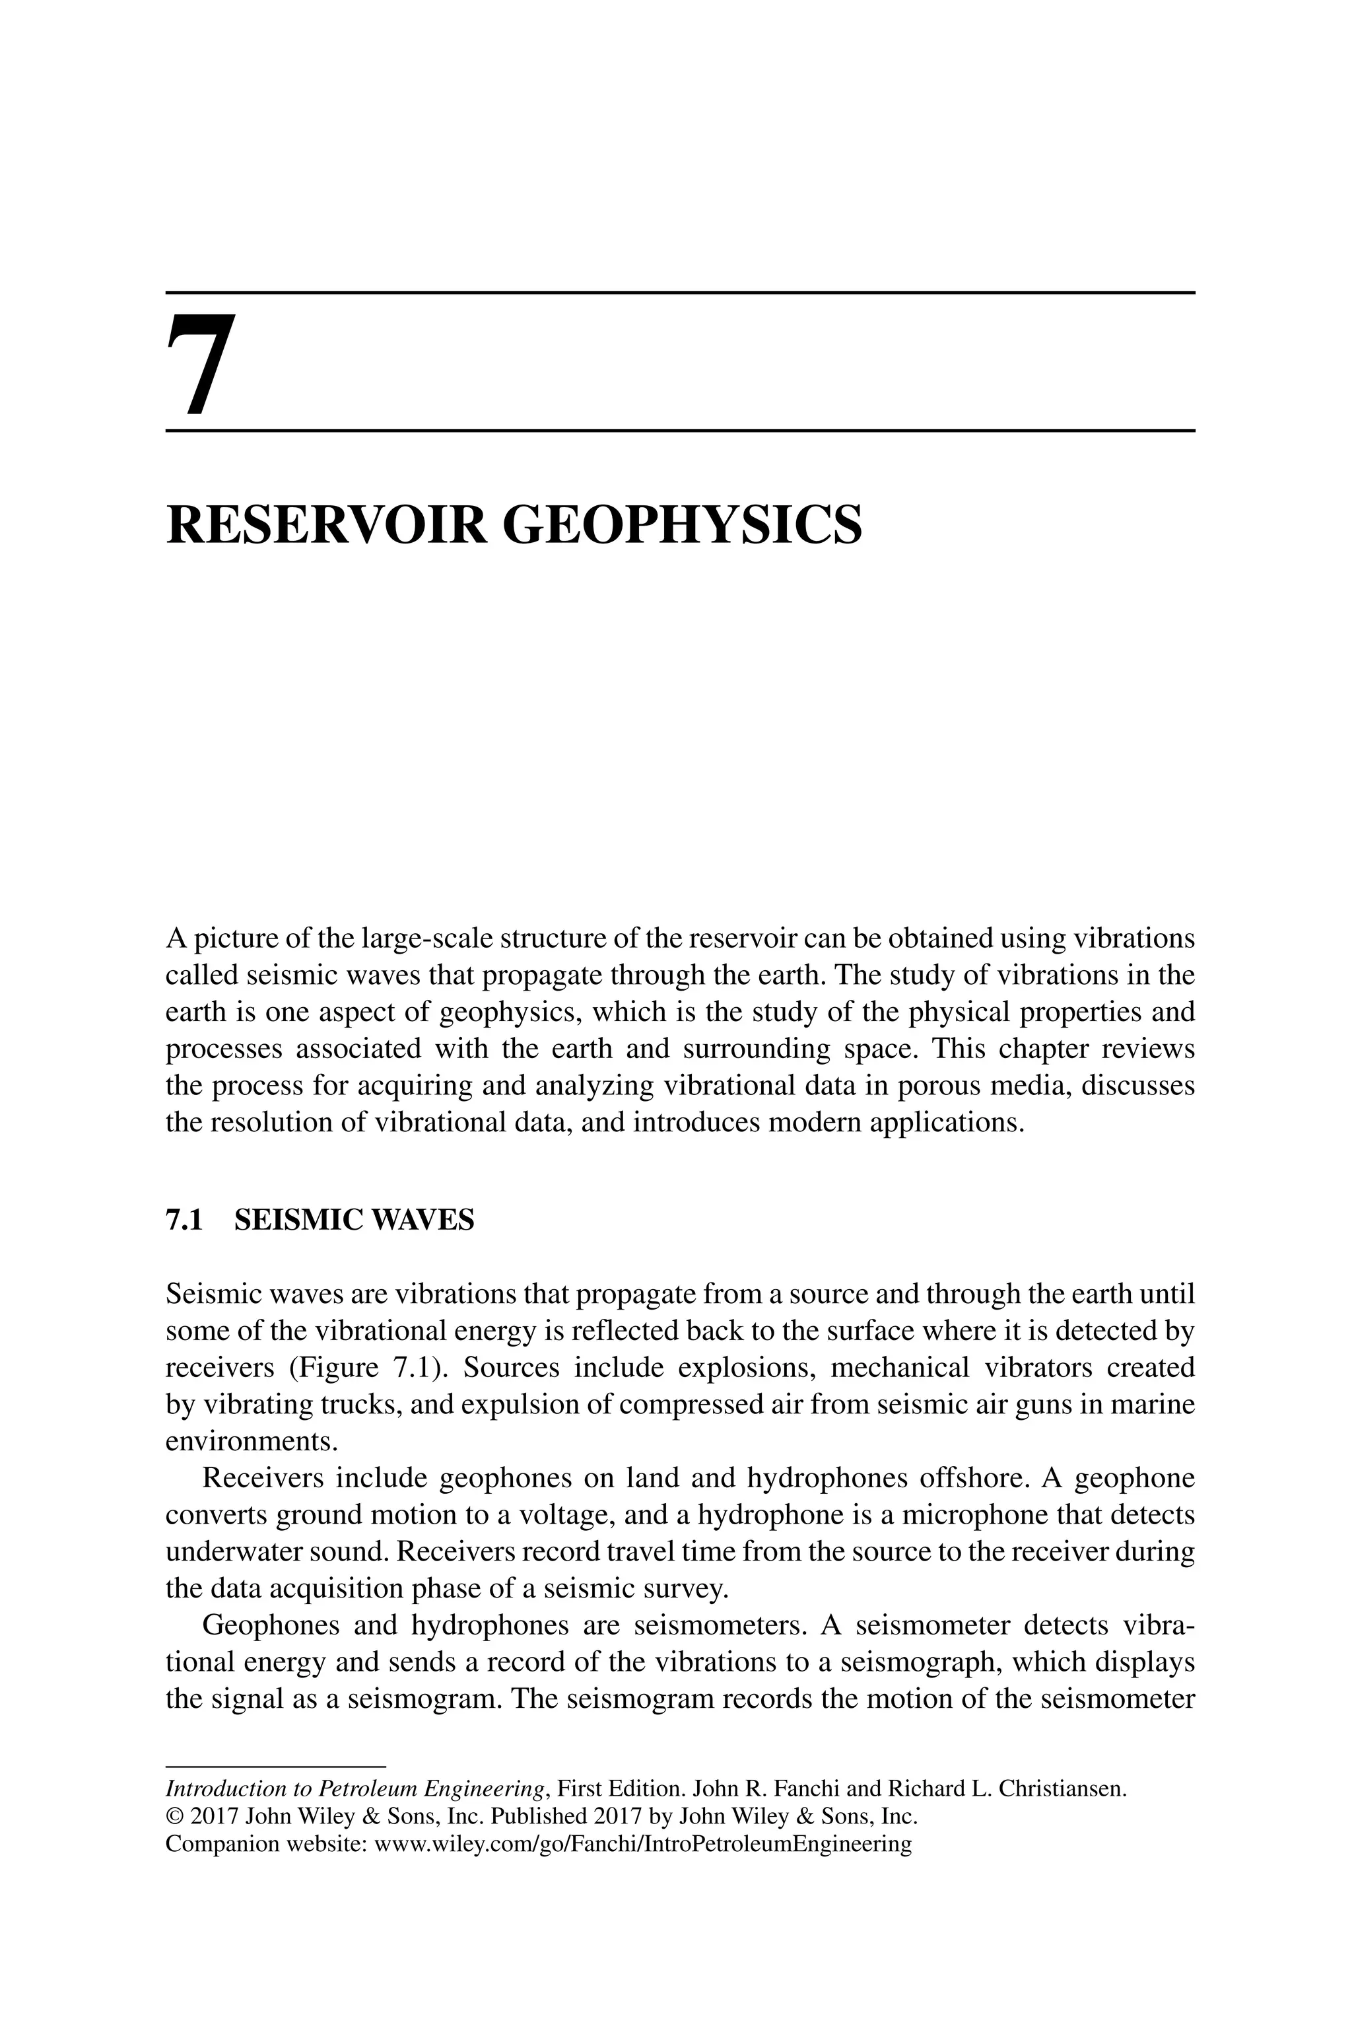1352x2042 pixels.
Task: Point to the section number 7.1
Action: pyautogui.click(x=183, y=1220)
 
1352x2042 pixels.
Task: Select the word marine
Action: pyautogui.click(x=1153, y=1405)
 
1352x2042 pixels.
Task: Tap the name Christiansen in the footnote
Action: pyautogui.click(x=1062, y=1788)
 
